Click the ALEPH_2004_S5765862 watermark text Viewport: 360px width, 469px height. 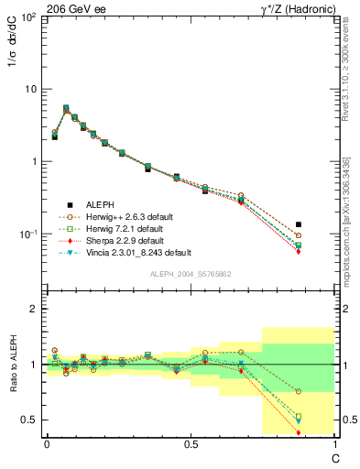tap(190, 274)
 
